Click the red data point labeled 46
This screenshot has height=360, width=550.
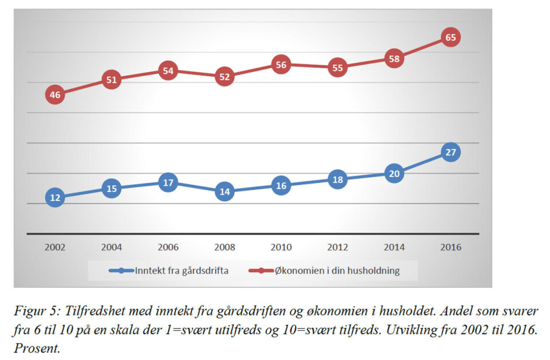[55, 95]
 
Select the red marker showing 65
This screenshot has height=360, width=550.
[451, 38]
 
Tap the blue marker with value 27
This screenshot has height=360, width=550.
[451, 152]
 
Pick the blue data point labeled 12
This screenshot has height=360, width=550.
[55, 198]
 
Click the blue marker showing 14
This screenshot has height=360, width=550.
[225, 192]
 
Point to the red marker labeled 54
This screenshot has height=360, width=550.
[168, 71]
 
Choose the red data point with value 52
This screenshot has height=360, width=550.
[225, 77]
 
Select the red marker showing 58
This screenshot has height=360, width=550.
[394, 58]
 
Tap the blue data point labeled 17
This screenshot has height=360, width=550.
[168, 183]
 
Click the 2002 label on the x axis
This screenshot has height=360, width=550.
[55, 248]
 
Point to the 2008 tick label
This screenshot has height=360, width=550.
[225, 248]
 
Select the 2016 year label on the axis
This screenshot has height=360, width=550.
[451, 248]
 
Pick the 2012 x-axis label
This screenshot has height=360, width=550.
[337, 248]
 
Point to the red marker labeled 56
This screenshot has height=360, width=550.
[281, 65]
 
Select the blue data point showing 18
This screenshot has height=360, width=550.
[337, 179]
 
